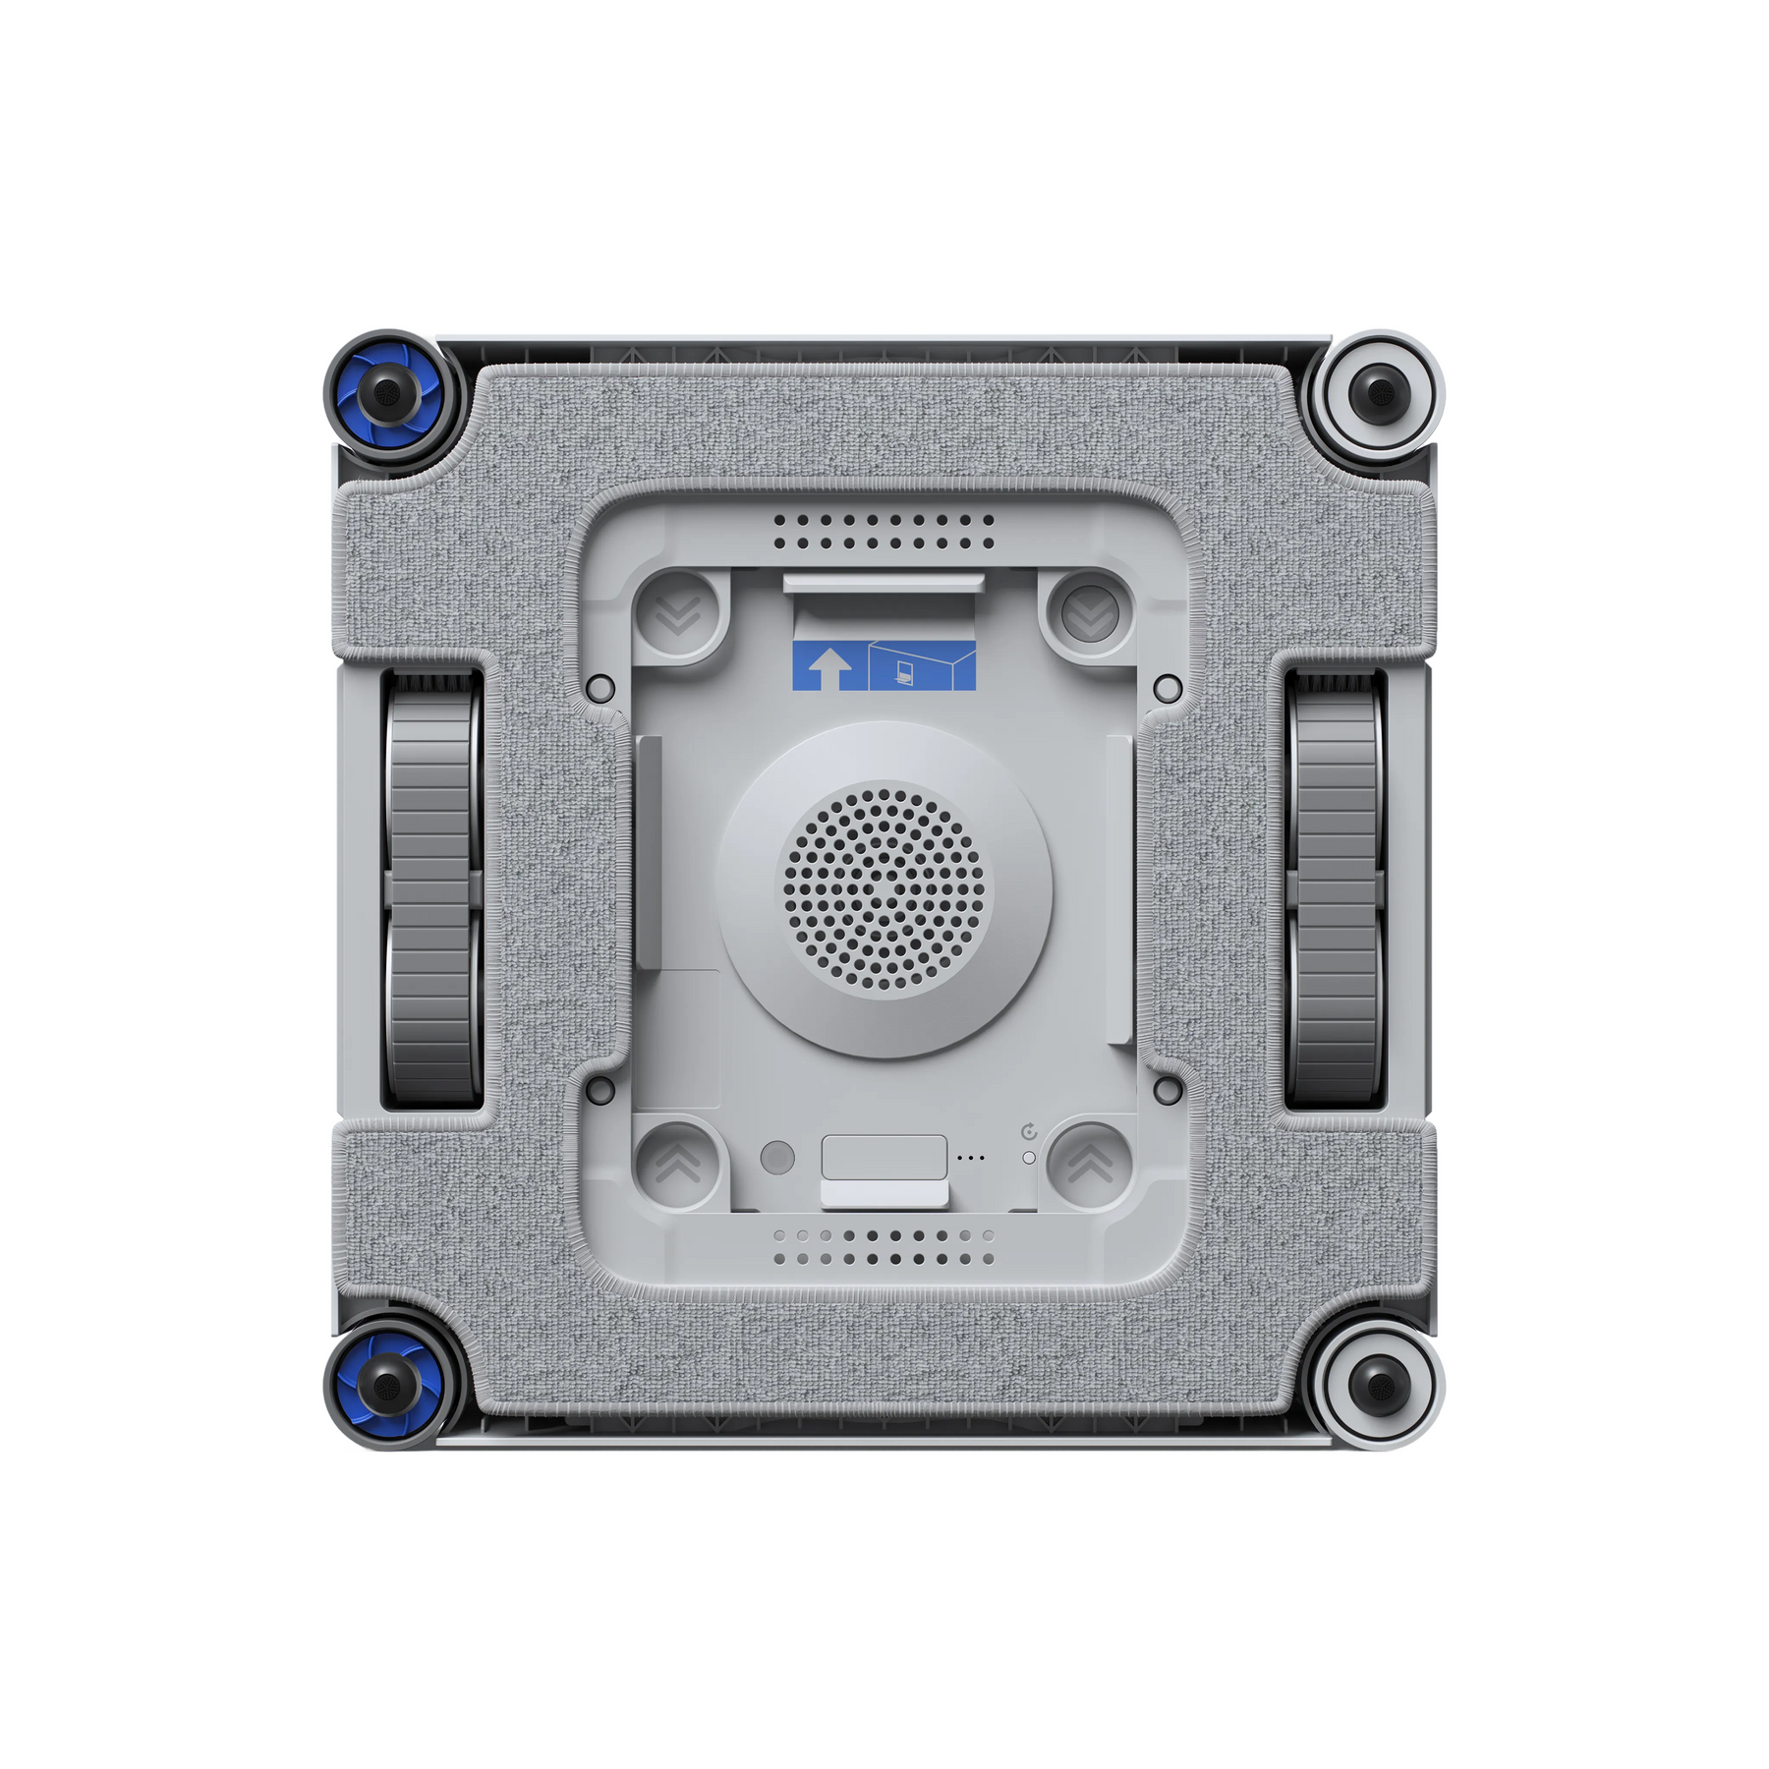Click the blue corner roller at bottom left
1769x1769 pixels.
pyautogui.click(x=390, y=1386)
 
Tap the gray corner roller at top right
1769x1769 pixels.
pyautogui.click(x=1380, y=393)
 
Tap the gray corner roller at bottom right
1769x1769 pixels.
pyautogui.click(x=1380, y=1386)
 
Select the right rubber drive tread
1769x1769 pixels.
pyautogui.click(x=1335, y=890)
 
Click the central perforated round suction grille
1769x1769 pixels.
pyautogui.click(x=884, y=890)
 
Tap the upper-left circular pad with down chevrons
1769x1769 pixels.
pyautogui.click(x=677, y=613)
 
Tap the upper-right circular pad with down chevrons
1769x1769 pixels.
pyautogui.click(x=1090, y=613)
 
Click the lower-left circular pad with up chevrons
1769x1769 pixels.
pyautogui.click(x=677, y=1164)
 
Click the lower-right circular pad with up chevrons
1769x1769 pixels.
pyautogui.click(x=1090, y=1164)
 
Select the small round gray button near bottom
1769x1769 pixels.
pyautogui.click(x=777, y=1158)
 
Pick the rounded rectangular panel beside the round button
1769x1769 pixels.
pyautogui.click(x=884, y=1158)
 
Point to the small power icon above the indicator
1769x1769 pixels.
pyautogui.click(x=1029, y=1132)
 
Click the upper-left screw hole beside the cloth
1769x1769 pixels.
pyautogui.click(x=599, y=689)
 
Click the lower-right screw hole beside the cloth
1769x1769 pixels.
pyautogui.click(x=1168, y=1090)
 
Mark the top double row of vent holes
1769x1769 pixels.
pyautogui.click(x=884, y=532)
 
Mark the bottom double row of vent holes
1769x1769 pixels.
pyautogui.click(x=884, y=1247)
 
